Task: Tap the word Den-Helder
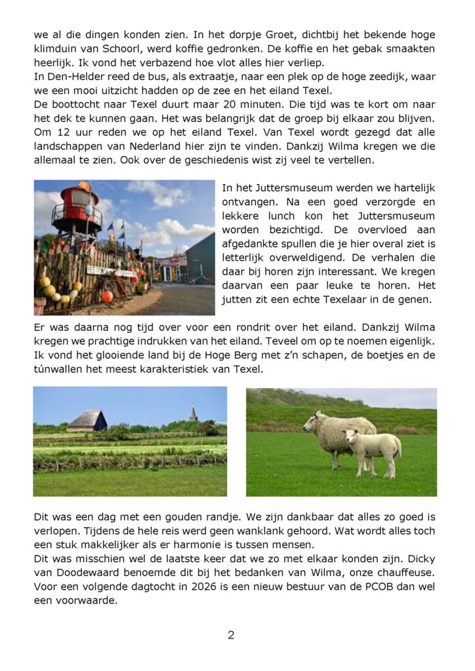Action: pyautogui.click(x=73, y=78)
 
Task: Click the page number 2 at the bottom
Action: pyautogui.click(x=231, y=635)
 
